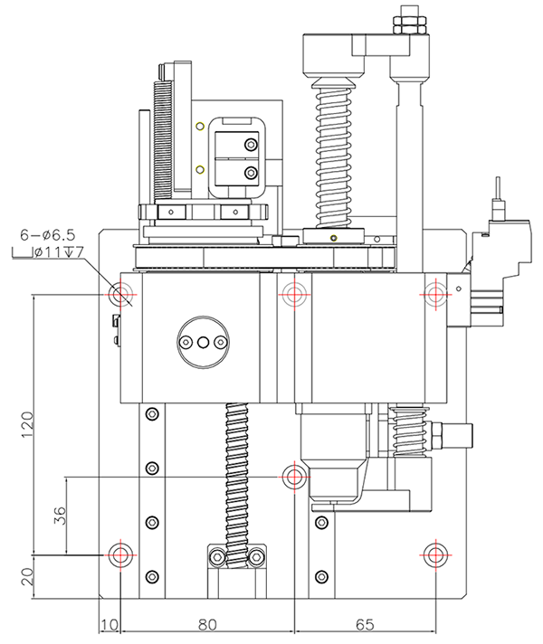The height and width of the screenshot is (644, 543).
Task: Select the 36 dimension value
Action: pyautogui.click(x=59, y=518)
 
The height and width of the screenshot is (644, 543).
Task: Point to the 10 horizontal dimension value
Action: pyautogui.click(x=109, y=624)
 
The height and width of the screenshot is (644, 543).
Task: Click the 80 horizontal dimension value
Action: pyautogui.click(x=208, y=624)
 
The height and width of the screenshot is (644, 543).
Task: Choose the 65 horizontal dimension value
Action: pyautogui.click(x=365, y=624)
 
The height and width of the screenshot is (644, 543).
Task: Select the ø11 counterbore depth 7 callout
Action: pyautogui.click(x=52, y=252)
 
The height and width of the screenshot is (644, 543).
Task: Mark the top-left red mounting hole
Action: pyautogui.click(x=120, y=294)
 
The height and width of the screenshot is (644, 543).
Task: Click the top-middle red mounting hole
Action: pyautogui.click(x=292, y=294)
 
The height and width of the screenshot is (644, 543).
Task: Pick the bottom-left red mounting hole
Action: pyautogui.click(x=120, y=554)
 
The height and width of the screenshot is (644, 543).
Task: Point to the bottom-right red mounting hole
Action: pyautogui.click(x=435, y=554)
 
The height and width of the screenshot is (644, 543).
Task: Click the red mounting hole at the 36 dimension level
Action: pyautogui.click(x=292, y=476)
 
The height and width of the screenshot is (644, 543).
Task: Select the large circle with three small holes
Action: pyautogui.click(x=204, y=343)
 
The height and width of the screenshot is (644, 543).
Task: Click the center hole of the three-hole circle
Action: pyautogui.click(x=204, y=343)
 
